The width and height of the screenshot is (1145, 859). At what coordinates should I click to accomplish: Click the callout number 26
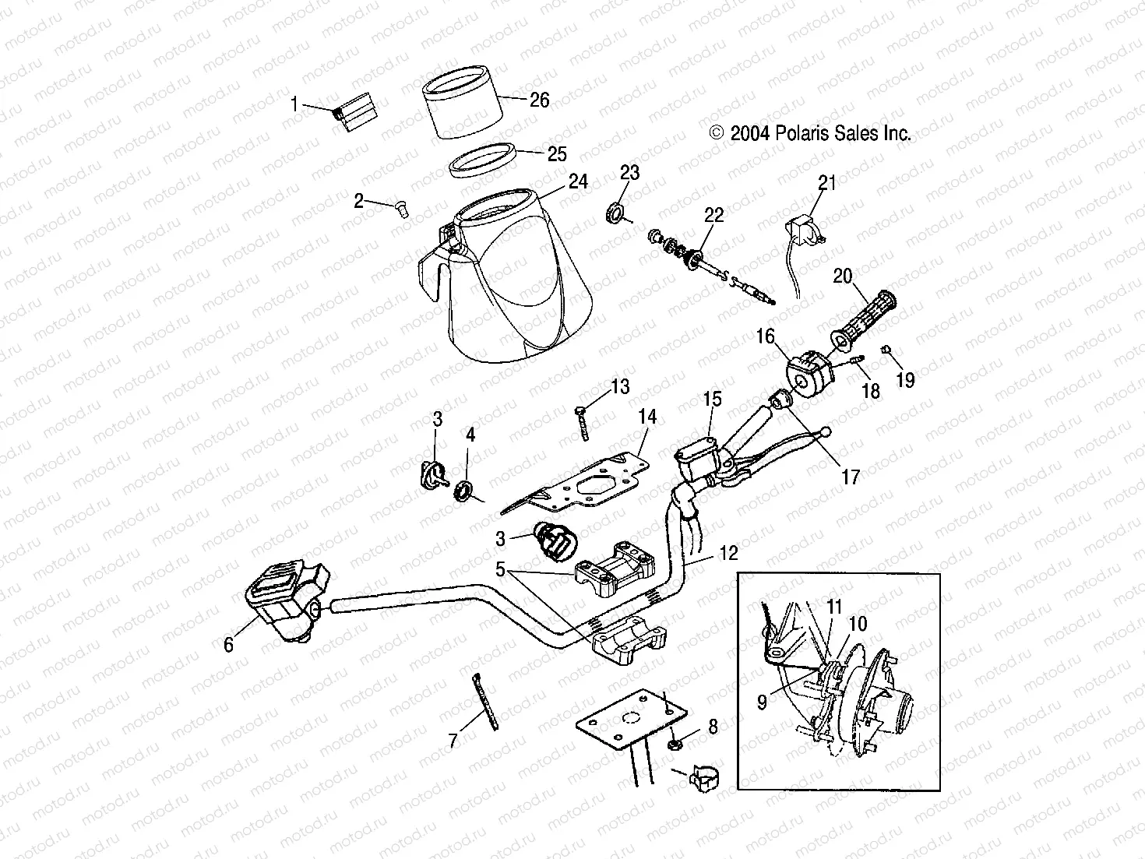pos(539,100)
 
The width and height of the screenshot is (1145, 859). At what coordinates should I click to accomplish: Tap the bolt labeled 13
pos(581,421)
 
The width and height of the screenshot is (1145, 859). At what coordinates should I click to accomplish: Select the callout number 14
pos(647,417)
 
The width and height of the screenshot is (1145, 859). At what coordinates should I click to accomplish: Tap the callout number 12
pos(728,554)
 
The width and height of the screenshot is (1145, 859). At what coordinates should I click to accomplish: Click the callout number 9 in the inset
pos(761,702)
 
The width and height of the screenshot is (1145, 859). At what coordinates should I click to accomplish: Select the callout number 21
pos(826,182)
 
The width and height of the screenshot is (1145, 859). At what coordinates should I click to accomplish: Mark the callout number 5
pos(504,569)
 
